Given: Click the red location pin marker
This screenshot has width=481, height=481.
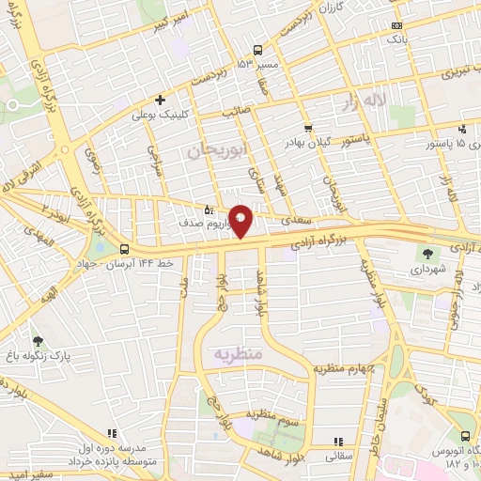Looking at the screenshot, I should [241, 220].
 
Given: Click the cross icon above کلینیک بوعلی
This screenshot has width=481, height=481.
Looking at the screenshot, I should [161, 100].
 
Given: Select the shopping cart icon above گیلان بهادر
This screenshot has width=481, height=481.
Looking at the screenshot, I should [307, 129].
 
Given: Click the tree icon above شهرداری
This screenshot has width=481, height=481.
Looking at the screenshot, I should [429, 253].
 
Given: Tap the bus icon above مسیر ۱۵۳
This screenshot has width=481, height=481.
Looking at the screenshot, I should [258, 49].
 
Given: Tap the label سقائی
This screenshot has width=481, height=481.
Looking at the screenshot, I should [338, 457].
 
